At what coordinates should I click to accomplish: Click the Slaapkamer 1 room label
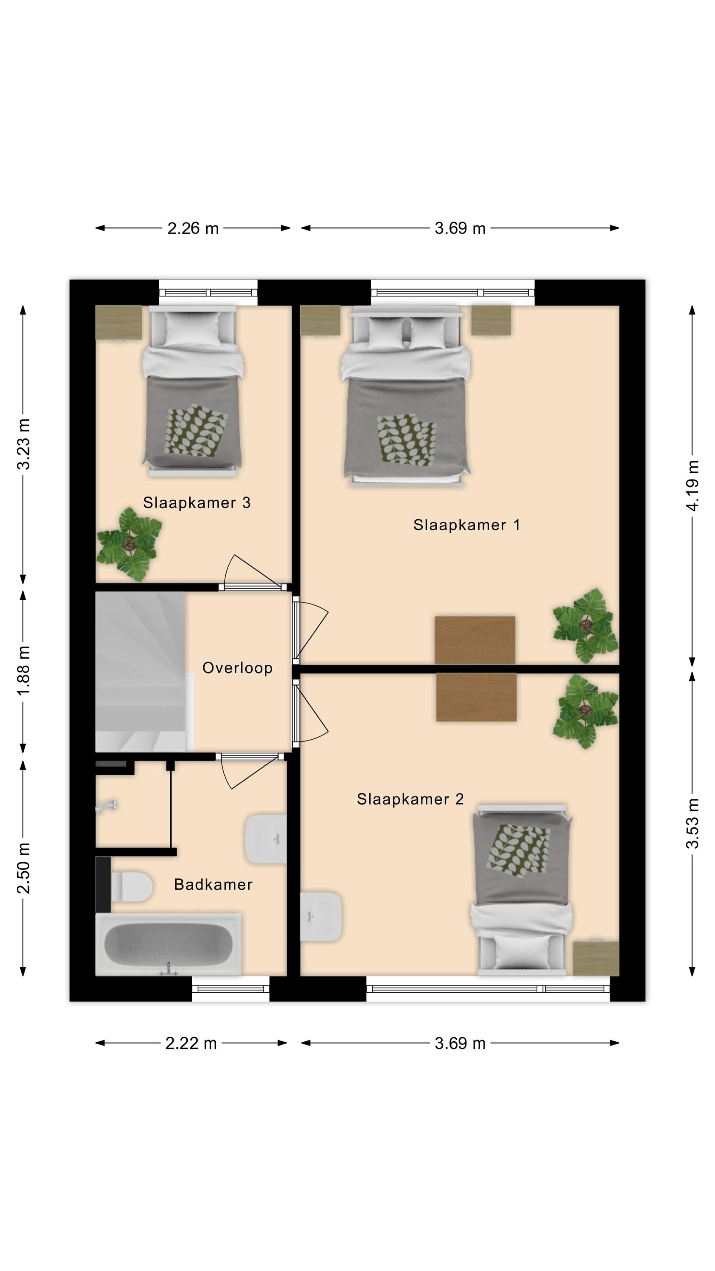click(x=466, y=524)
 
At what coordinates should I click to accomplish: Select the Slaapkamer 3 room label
click(x=197, y=502)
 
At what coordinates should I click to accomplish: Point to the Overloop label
click(x=237, y=668)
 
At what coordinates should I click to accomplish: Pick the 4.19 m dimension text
click(x=693, y=486)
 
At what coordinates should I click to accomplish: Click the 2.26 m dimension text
click(x=193, y=228)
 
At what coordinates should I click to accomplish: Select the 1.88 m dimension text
click(x=24, y=671)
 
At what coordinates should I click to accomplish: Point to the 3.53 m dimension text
click(x=693, y=824)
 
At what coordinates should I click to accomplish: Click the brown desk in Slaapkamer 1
click(x=475, y=640)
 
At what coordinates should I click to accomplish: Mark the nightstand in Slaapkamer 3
click(x=119, y=323)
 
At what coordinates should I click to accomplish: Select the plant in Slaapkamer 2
click(x=586, y=711)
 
